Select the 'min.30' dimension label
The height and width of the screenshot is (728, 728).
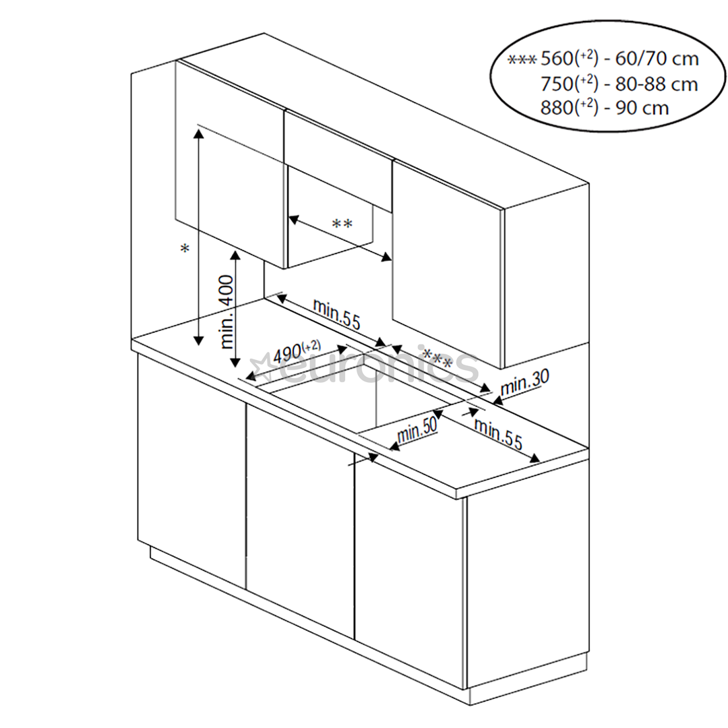525,385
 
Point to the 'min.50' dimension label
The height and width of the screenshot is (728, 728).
417,429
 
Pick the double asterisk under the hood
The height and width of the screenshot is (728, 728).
342,224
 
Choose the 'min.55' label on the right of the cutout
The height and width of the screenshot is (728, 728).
498,433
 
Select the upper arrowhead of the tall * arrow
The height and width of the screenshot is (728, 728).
198,132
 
